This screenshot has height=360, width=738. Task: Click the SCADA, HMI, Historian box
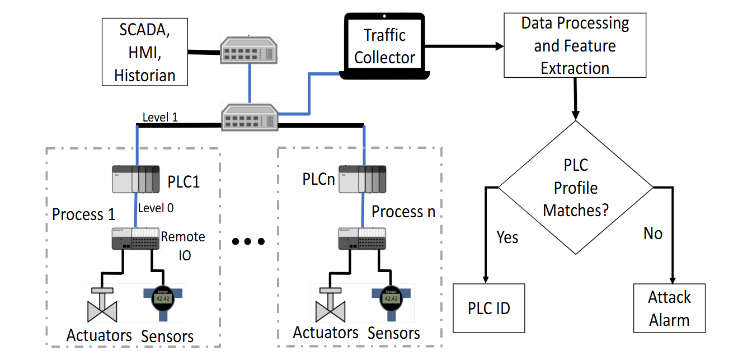(x=144, y=52)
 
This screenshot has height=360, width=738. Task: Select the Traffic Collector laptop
(x=384, y=46)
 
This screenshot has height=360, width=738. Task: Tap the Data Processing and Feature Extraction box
(x=575, y=46)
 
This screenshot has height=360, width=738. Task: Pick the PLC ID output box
(x=489, y=308)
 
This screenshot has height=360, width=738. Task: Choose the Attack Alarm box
(x=669, y=308)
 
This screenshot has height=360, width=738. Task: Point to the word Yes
(x=507, y=237)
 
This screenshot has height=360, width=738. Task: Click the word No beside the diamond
(x=652, y=233)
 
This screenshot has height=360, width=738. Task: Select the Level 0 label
(x=156, y=208)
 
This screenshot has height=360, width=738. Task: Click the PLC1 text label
(x=184, y=182)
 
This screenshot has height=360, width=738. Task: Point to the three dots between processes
(x=247, y=242)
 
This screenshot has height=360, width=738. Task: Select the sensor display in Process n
(x=390, y=299)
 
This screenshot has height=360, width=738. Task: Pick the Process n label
(x=403, y=212)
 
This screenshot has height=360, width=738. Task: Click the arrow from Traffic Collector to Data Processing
(x=464, y=46)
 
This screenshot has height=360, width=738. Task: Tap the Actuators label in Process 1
(x=99, y=335)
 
